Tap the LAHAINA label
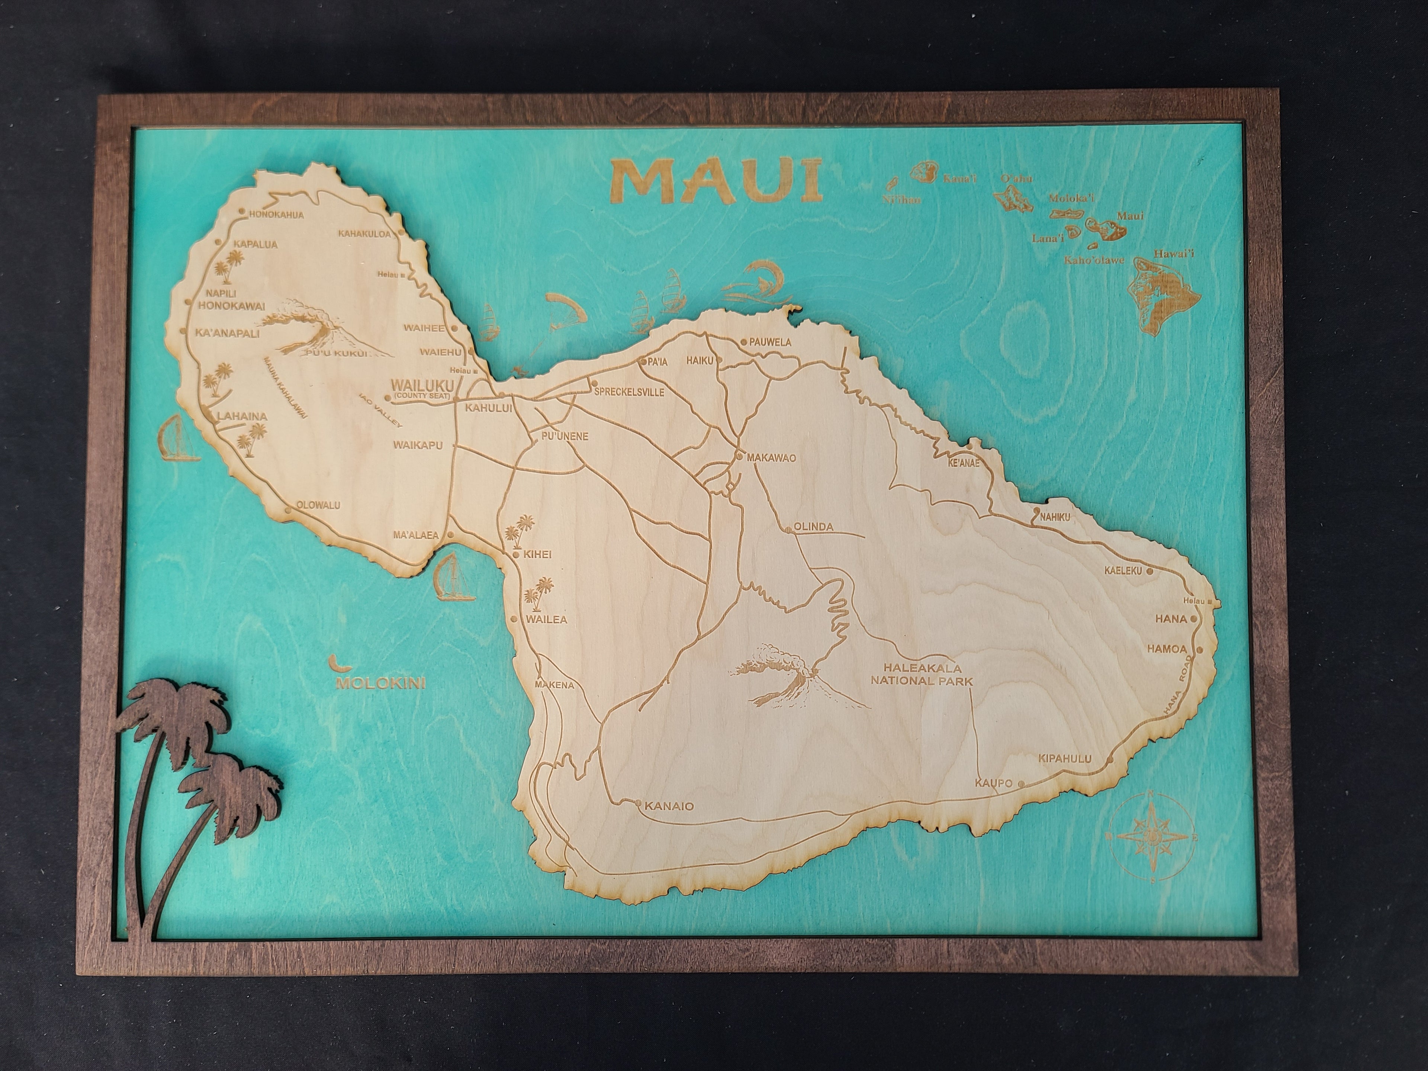point(242,416)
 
